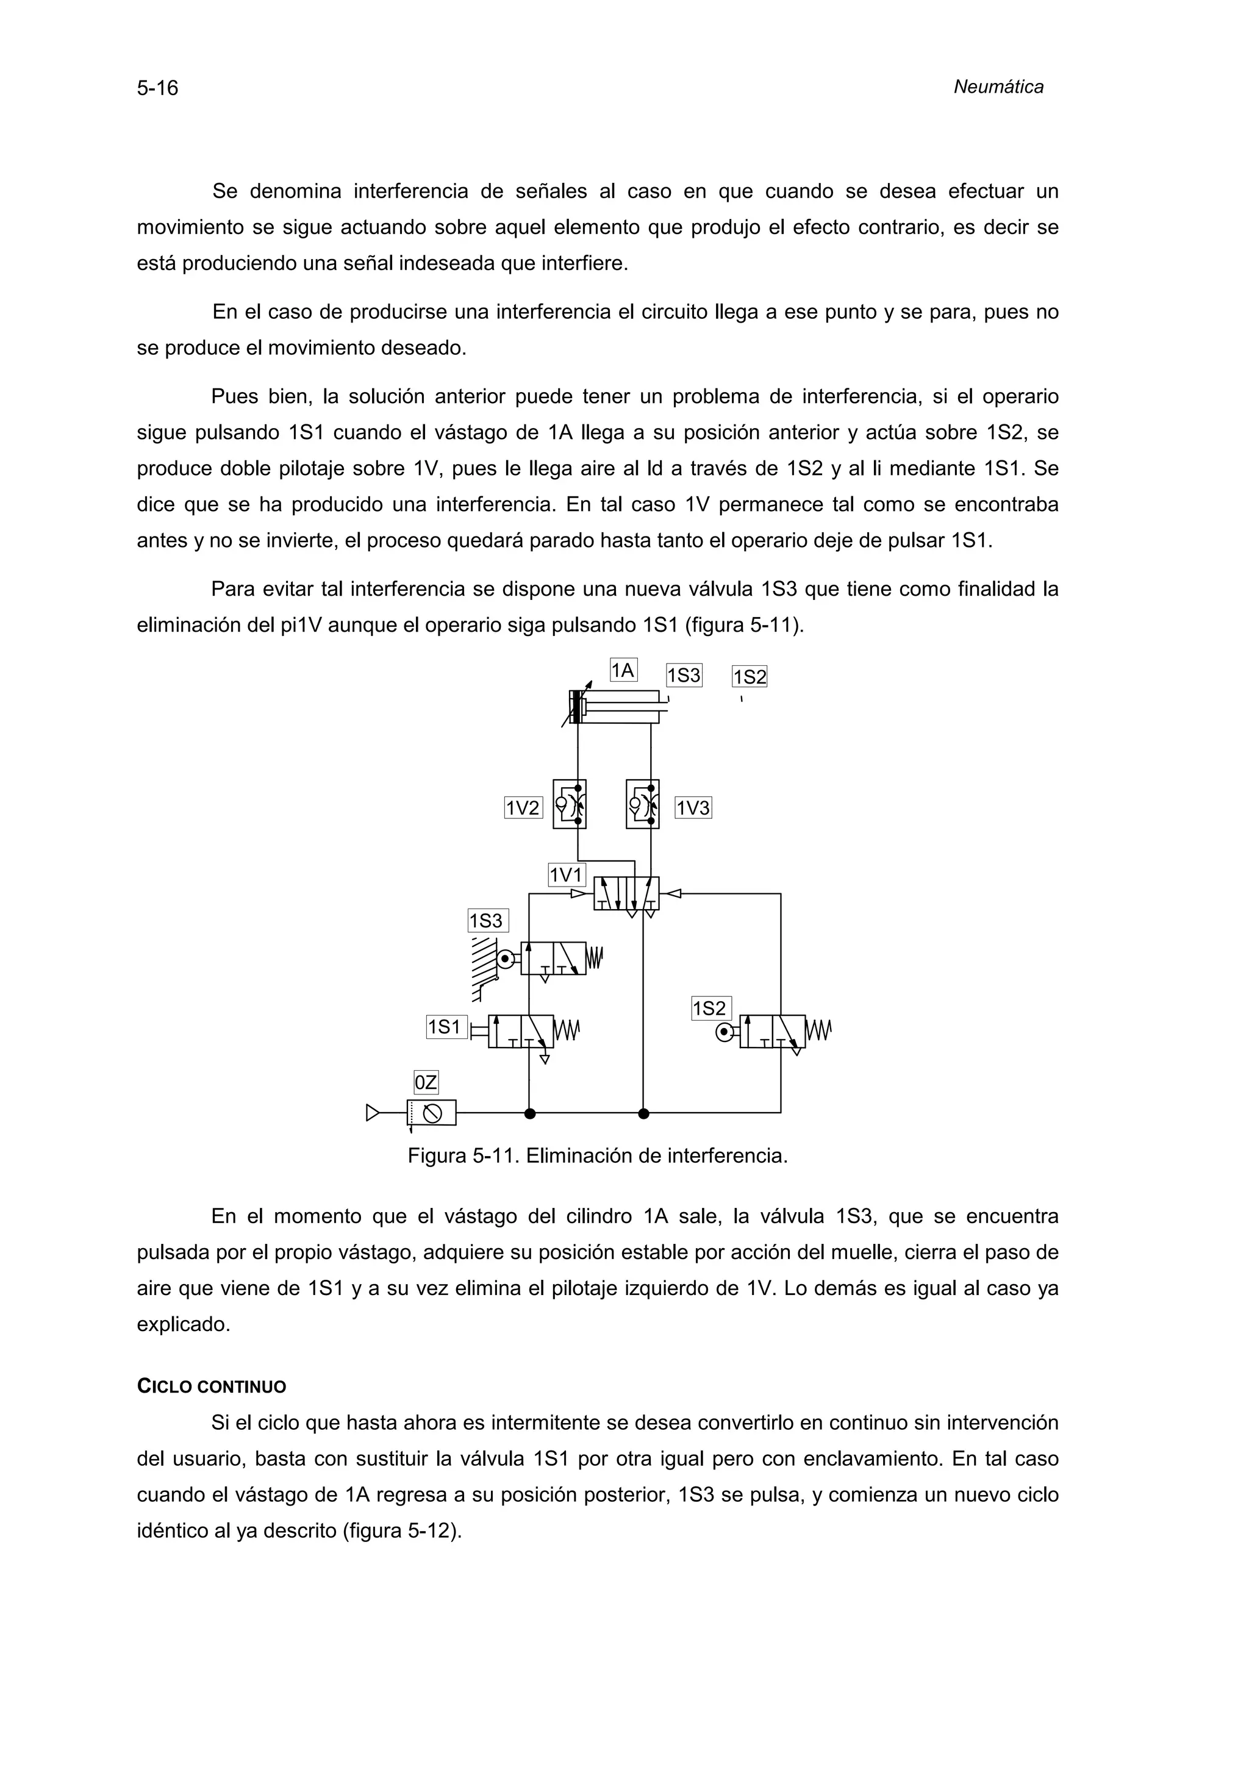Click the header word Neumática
click(998, 87)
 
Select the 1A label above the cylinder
click(623, 670)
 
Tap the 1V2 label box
click(523, 807)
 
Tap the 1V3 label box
click(693, 807)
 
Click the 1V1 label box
click(567, 875)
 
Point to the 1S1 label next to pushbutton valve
click(446, 1027)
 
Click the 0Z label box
click(426, 1083)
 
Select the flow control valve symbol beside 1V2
click(570, 804)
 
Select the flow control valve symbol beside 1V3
click(643, 804)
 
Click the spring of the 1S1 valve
click(567, 1030)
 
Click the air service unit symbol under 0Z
click(432, 1112)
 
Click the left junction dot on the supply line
click(529, 1113)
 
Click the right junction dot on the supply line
click(644, 1113)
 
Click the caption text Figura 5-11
click(597, 1156)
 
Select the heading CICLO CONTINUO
click(212, 1387)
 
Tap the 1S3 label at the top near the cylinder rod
click(684, 676)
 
